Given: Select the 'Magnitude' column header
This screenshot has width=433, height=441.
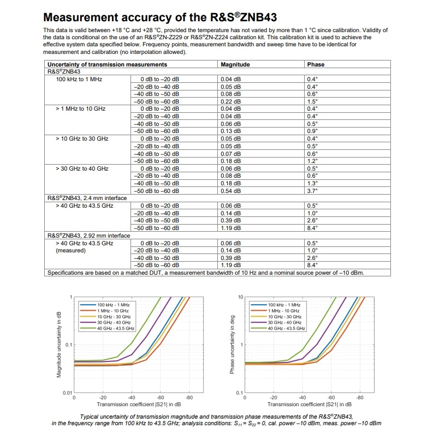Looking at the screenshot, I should coord(235,64).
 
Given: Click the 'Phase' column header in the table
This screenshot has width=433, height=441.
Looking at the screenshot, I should coord(316,64).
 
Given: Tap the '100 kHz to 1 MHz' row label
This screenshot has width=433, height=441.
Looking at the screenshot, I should coord(79,79).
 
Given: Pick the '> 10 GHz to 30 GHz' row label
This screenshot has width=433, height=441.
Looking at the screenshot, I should coord(82,138).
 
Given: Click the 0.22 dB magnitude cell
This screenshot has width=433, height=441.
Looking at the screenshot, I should coord(230,101).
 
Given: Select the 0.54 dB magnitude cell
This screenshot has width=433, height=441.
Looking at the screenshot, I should coord(230,191).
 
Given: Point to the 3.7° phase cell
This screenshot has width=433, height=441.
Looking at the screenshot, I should coord(312,191).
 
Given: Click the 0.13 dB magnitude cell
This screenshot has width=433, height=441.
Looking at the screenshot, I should coord(230,131).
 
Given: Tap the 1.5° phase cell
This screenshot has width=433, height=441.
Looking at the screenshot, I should coord(312,101).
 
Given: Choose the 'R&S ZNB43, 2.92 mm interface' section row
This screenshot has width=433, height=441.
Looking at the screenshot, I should coord(88,235).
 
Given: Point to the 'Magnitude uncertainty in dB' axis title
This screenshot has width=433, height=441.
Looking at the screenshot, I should coord(59,345).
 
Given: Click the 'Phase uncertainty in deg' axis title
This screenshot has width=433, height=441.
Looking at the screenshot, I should coord(231,345).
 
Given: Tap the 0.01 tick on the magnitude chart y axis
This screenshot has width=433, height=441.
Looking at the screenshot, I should coord(66,392).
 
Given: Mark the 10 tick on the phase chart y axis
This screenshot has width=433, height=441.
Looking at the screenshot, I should coord(239,297).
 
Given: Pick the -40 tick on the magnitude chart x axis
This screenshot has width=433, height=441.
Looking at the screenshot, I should coord(132,398).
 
